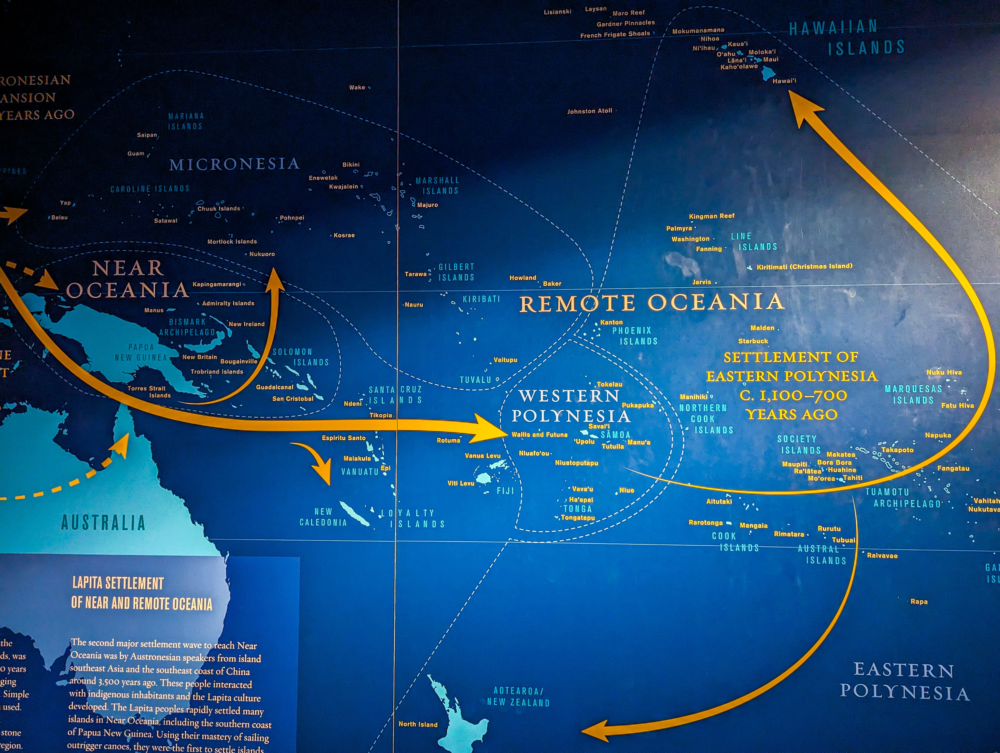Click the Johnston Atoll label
pyautogui.click(x=589, y=111)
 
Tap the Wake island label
pyautogui.click(x=357, y=87)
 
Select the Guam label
pyautogui.click(x=136, y=154)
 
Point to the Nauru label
pyautogui.click(x=414, y=305)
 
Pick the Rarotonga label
pyautogui.click(x=705, y=522)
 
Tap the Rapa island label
pyautogui.click(x=919, y=601)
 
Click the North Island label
pyautogui.click(x=418, y=724)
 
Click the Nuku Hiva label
pyautogui.click(x=944, y=372)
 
